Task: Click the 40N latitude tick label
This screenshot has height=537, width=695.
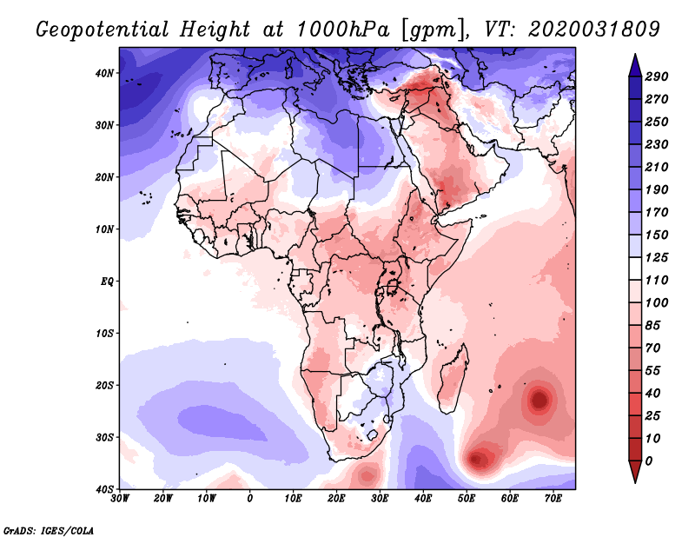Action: click(104, 73)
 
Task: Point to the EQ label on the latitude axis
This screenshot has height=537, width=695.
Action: click(107, 282)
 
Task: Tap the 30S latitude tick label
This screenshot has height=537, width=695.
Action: click(104, 437)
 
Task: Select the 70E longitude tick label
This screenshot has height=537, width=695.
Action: click(553, 499)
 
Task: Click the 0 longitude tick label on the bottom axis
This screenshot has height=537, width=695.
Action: click(249, 499)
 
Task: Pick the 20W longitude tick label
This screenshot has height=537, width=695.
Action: click(162, 499)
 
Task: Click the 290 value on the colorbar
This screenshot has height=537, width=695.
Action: click(657, 76)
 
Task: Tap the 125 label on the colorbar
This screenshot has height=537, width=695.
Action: click(657, 257)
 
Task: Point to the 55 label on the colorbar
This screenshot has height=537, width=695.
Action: click(653, 371)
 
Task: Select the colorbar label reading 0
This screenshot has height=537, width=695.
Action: click(649, 461)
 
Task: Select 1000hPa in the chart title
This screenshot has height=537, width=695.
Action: click(343, 30)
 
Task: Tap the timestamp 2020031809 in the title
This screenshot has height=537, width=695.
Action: click(594, 30)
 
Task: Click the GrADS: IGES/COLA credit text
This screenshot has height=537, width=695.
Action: click(49, 530)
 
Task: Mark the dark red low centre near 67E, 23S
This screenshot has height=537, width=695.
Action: click(539, 400)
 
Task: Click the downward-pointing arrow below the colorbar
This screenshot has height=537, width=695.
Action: click(635, 472)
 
